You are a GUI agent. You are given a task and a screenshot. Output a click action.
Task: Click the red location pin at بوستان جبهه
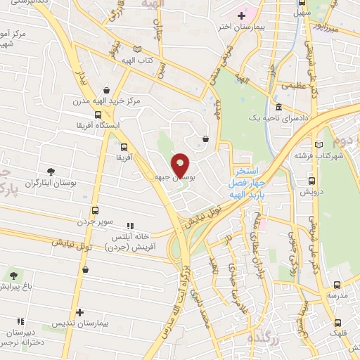tap(180, 163)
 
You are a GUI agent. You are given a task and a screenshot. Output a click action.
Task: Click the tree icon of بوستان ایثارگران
tap(51, 172)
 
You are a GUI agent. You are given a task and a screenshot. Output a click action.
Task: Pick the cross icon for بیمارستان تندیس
tap(79, 312)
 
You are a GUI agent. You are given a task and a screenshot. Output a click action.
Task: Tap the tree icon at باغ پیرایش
tap(15, 275)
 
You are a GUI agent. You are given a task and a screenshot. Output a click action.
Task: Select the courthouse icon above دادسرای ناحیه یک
tap(280, 108)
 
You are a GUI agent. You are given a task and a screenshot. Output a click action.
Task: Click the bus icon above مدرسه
tap(337, 285)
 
